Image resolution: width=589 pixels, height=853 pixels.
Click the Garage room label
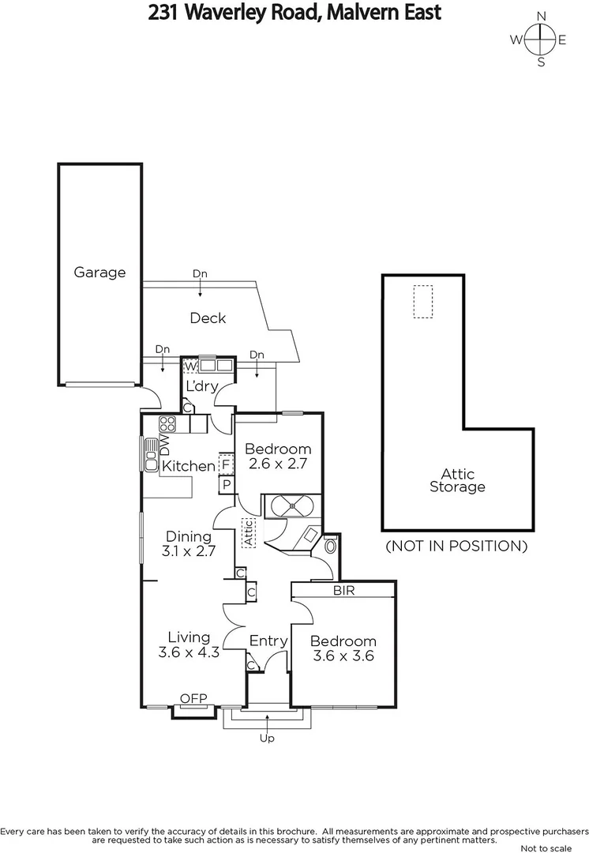coord(99,272)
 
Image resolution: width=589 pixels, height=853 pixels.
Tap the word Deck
coord(208,318)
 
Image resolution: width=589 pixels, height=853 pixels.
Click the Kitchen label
coord(188,466)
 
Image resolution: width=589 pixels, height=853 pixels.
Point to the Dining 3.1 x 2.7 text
coord(189,544)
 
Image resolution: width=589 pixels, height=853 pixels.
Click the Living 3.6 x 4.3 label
coord(189,644)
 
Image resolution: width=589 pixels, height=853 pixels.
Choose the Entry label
coord(268,641)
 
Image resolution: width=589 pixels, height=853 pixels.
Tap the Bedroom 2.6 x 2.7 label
coord(279,457)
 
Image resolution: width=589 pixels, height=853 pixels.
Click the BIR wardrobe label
coord(343,590)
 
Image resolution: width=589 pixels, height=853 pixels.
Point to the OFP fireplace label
coord(193,698)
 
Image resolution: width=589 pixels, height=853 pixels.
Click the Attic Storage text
coord(457,480)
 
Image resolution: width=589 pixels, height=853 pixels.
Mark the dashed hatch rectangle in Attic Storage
coord(423,301)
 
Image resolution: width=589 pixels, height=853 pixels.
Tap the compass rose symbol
coord(540,39)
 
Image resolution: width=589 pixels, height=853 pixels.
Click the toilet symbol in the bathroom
coord(330,545)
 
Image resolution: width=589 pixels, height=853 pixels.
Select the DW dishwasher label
coord(165,445)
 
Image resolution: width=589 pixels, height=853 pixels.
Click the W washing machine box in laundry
coord(190,366)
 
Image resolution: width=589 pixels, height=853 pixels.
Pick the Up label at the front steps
coord(268,738)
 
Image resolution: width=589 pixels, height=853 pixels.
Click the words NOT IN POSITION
coord(456,546)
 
